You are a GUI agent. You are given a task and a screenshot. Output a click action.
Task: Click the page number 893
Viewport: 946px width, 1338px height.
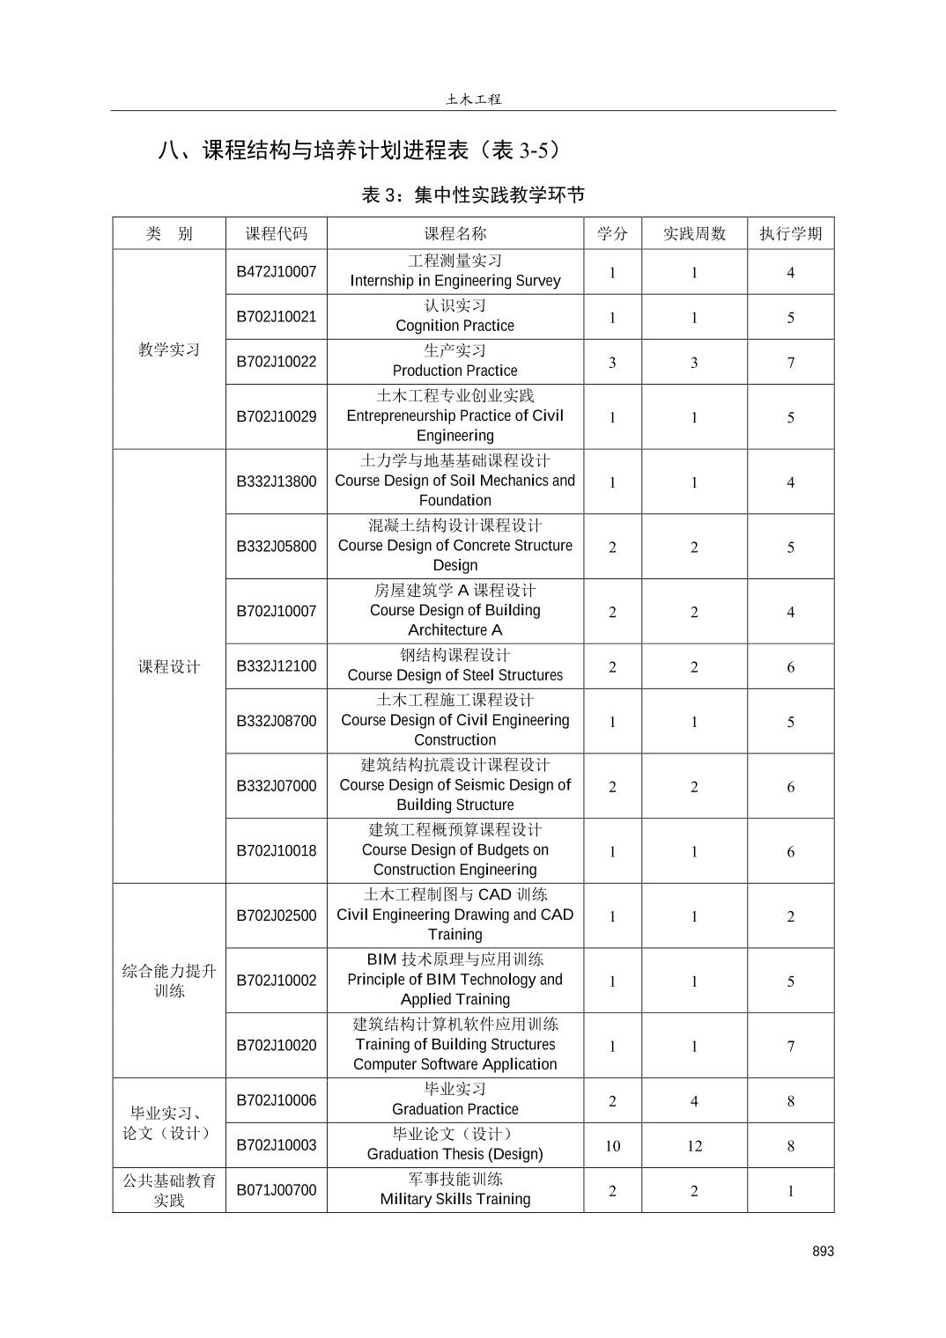(823, 1251)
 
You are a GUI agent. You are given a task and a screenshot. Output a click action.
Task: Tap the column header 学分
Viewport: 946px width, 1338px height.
(612, 233)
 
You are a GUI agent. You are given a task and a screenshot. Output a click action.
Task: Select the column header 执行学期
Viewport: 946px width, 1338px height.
(790, 233)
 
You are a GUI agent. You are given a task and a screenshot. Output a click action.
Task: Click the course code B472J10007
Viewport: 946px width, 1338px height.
(276, 272)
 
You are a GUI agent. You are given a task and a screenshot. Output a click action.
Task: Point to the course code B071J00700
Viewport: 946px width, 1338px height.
(276, 1190)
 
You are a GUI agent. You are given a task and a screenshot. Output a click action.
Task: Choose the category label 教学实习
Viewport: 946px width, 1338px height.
(169, 349)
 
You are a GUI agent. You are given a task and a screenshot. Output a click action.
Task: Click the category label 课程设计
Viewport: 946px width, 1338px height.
(169, 666)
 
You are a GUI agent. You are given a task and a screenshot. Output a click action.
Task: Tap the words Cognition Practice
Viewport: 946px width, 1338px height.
(455, 326)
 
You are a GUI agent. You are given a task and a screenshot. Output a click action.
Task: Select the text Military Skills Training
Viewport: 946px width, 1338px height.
(455, 1199)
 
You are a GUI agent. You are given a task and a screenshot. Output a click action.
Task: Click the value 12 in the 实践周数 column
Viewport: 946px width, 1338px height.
(694, 1145)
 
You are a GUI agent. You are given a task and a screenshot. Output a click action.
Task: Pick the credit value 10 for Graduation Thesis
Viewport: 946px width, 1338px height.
(612, 1145)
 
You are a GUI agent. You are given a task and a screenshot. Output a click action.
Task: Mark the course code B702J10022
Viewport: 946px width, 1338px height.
(276, 362)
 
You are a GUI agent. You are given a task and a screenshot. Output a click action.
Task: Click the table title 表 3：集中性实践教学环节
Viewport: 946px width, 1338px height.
(473, 195)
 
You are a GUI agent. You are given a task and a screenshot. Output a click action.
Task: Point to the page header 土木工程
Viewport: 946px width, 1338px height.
(473, 99)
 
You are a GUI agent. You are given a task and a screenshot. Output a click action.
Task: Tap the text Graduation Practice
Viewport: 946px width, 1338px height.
(455, 1109)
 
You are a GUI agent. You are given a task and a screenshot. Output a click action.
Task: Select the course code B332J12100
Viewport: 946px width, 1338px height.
(276, 666)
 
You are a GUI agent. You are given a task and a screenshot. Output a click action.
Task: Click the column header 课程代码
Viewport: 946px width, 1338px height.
(276, 233)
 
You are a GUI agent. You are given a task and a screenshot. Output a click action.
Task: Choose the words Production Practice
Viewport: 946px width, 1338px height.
(455, 371)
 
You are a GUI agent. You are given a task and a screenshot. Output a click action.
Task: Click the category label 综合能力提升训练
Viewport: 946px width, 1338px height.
(169, 981)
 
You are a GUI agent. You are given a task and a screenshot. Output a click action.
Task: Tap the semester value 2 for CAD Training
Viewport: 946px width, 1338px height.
(790, 916)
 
